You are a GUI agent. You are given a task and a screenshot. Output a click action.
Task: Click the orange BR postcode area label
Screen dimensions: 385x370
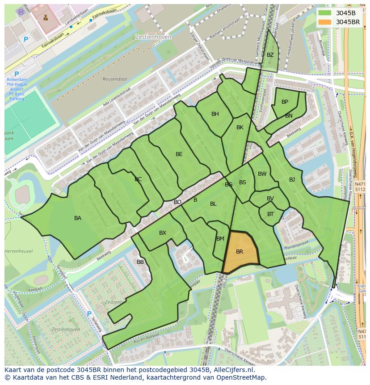240,252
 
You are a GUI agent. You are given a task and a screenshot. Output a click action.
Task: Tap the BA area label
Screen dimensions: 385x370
78,218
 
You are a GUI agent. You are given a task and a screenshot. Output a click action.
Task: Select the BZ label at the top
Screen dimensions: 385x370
270,55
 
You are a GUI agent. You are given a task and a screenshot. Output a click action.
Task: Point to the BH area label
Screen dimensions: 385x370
215,114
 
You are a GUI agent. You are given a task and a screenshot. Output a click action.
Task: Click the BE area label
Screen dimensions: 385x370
179,154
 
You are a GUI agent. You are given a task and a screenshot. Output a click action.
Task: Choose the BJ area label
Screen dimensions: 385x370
292,180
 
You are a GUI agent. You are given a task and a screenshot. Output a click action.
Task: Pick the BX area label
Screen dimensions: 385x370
163,233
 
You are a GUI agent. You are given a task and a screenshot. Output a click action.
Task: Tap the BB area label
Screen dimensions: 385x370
140,262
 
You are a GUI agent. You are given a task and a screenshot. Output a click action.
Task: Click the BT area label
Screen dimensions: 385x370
270,214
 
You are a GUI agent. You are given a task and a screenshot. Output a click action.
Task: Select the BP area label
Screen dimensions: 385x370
285,102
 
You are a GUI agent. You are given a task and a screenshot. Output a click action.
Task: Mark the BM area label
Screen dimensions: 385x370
220,239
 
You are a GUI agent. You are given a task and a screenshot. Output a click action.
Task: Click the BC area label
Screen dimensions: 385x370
138,179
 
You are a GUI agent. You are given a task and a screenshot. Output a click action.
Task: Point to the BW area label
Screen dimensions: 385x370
262,174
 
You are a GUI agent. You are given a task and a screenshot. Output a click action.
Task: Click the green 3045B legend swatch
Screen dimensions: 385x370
325,13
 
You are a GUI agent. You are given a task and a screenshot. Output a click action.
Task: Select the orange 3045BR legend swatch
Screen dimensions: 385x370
325,22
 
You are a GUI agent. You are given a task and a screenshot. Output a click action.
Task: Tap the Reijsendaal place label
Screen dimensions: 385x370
115,79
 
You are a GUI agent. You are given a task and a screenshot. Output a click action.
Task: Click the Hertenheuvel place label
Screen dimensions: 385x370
18,251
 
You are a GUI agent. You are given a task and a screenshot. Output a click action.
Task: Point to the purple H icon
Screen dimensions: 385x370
21,12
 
